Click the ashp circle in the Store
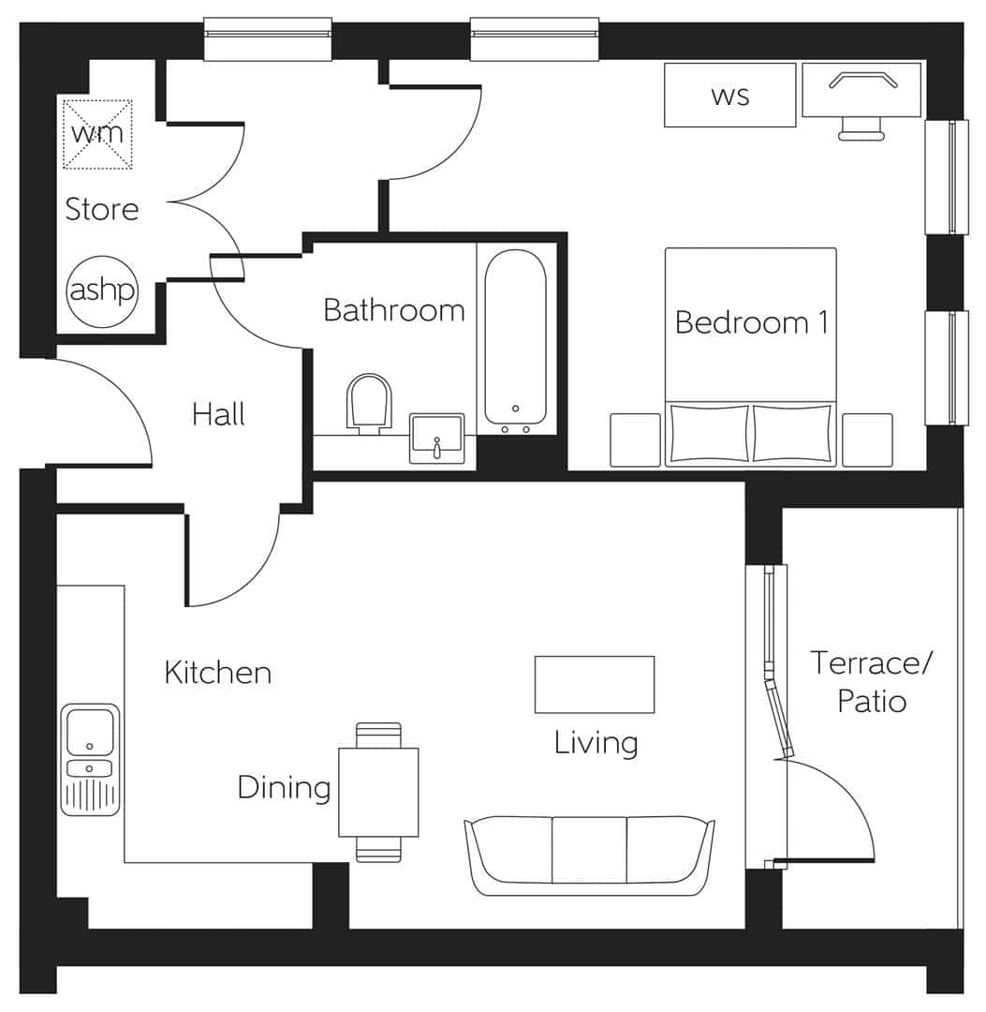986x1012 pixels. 102,291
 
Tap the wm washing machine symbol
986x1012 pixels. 97,134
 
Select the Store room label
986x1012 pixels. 101,209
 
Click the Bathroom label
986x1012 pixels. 393,309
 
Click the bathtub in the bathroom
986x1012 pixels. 515,337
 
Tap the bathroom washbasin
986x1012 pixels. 436,439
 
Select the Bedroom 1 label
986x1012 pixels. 751,322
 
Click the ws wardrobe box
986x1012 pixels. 729,95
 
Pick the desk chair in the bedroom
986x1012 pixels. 861,128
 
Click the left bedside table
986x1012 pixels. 635,439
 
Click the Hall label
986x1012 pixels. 218,413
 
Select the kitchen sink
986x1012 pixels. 91,759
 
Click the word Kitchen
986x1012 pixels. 217,672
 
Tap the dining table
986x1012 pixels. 378,792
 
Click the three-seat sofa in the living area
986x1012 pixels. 590,855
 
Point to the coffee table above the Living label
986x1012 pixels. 594,684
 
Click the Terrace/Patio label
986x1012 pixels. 871,681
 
